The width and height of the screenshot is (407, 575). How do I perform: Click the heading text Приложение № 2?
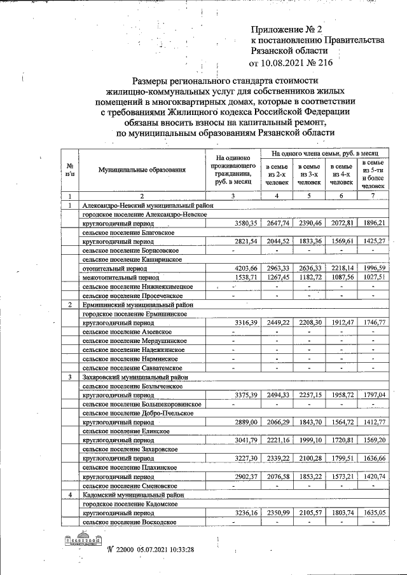click(x=287, y=29)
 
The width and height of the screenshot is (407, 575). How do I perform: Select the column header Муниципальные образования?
click(x=142, y=170)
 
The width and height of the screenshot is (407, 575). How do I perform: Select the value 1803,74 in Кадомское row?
click(x=341, y=512)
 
